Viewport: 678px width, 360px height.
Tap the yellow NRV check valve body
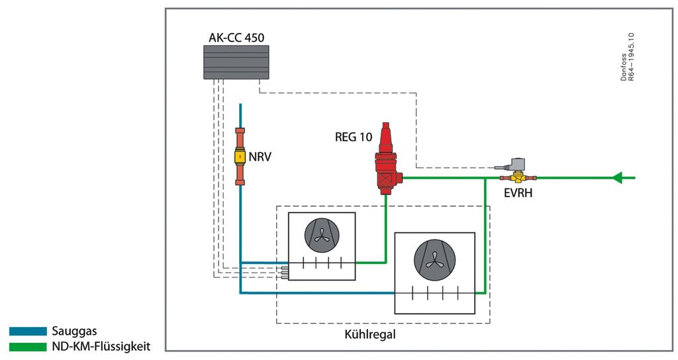tap(240, 157)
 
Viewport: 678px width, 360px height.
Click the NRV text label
tap(260, 157)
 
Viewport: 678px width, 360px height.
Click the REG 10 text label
tap(354, 137)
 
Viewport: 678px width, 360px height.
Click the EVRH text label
tap(518, 194)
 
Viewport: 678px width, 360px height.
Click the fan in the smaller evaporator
tap(321, 236)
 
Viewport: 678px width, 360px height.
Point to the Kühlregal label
tap(370, 335)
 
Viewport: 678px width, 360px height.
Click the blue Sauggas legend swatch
tap(28, 331)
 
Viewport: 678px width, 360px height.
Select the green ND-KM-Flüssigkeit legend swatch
tap(28, 346)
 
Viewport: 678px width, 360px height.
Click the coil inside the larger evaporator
tap(434, 293)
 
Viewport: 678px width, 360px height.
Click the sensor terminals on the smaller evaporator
tap(285, 270)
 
